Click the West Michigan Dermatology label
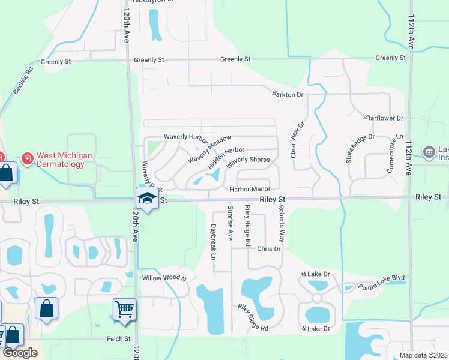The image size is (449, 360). click(64, 160)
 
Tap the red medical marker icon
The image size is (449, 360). click(27, 160)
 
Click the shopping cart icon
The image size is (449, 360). click(124, 310)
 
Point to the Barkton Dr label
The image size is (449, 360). click(288, 95)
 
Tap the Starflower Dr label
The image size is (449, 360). click(388, 119)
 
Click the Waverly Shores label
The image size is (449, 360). click(248, 160)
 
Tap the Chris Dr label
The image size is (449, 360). click(269, 249)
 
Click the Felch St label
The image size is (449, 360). click(119, 339)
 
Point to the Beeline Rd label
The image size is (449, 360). click(22, 84)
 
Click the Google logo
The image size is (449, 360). click(20, 352)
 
